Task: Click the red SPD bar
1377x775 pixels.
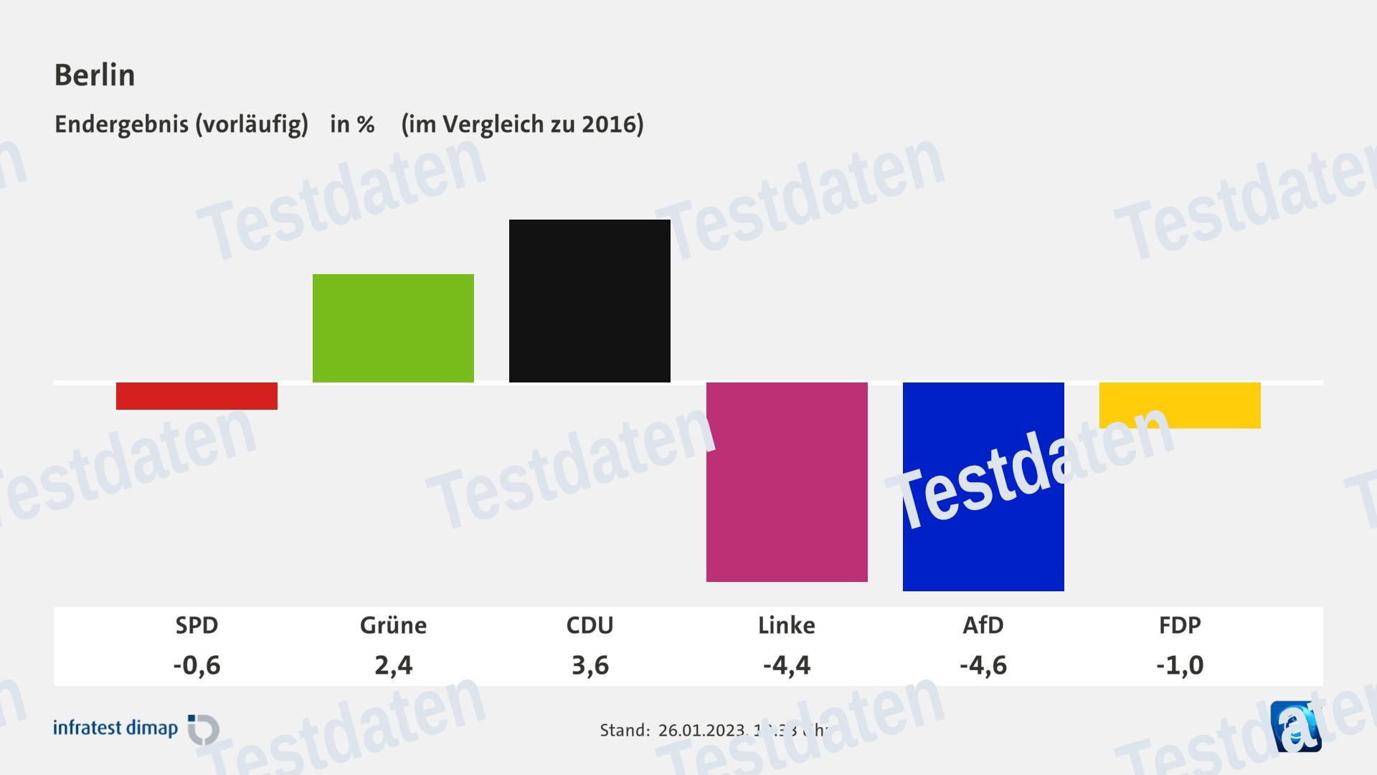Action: [197, 396]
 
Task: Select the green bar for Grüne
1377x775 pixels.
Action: [393, 328]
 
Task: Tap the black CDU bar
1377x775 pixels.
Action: [590, 301]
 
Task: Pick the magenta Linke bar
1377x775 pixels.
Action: [787, 482]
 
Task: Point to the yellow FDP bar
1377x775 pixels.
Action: [1180, 405]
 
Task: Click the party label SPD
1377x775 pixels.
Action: [197, 625]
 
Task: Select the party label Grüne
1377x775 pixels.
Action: [393, 625]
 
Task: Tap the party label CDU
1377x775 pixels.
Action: [590, 625]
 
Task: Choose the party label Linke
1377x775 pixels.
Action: [787, 625]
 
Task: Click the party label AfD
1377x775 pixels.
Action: [983, 625]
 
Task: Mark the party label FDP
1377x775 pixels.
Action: [1180, 625]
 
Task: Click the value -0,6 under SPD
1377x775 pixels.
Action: [197, 665]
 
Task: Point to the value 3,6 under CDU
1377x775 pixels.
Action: [590, 665]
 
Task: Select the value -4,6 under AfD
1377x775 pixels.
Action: [983, 665]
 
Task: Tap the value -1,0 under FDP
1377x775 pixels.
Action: [1180, 665]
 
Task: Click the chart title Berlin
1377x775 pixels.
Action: [95, 75]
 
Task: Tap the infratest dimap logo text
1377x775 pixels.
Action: [115, 728]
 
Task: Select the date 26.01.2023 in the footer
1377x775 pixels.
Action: [701, 731]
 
